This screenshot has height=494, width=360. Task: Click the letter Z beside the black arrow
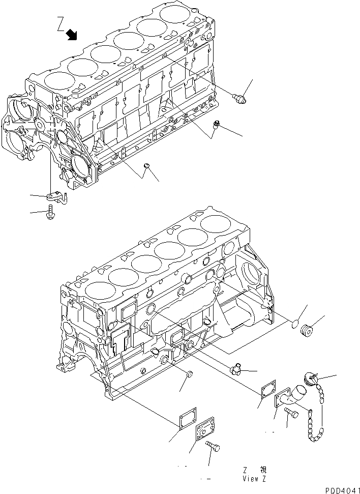pos(61,24)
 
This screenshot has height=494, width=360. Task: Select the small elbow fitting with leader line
pos(236,368)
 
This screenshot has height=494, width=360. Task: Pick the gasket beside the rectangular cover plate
pos(184,422)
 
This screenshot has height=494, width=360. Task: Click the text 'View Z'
pos(254,479)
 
